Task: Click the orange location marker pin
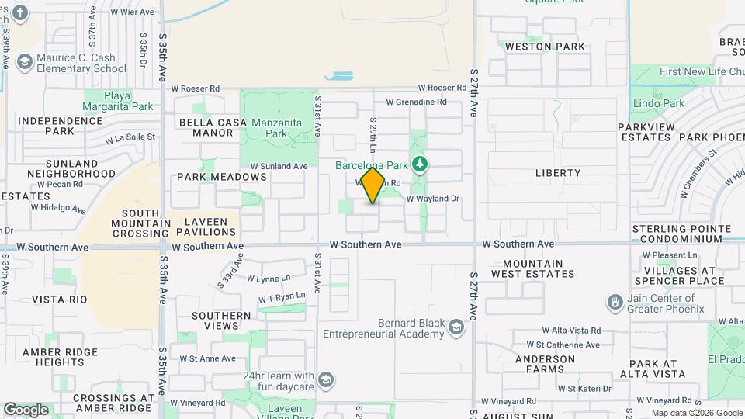(x=373, y=185)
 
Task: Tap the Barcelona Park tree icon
(x=420, y=164)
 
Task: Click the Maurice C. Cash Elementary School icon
(x=25, y=61)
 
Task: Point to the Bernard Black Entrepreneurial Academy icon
(x=456, y=329)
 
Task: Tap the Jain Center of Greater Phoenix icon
(x=615, y=300)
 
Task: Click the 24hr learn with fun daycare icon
(x=327, y=380)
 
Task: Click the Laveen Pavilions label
(x=206, y=227)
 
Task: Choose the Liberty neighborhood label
(x=557, y=173)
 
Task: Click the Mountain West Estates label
(x=532, y=268)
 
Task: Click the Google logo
(x=26, y=410)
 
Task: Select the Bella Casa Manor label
(x=206, y=127)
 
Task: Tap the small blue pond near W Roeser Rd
(x=339, y=76)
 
